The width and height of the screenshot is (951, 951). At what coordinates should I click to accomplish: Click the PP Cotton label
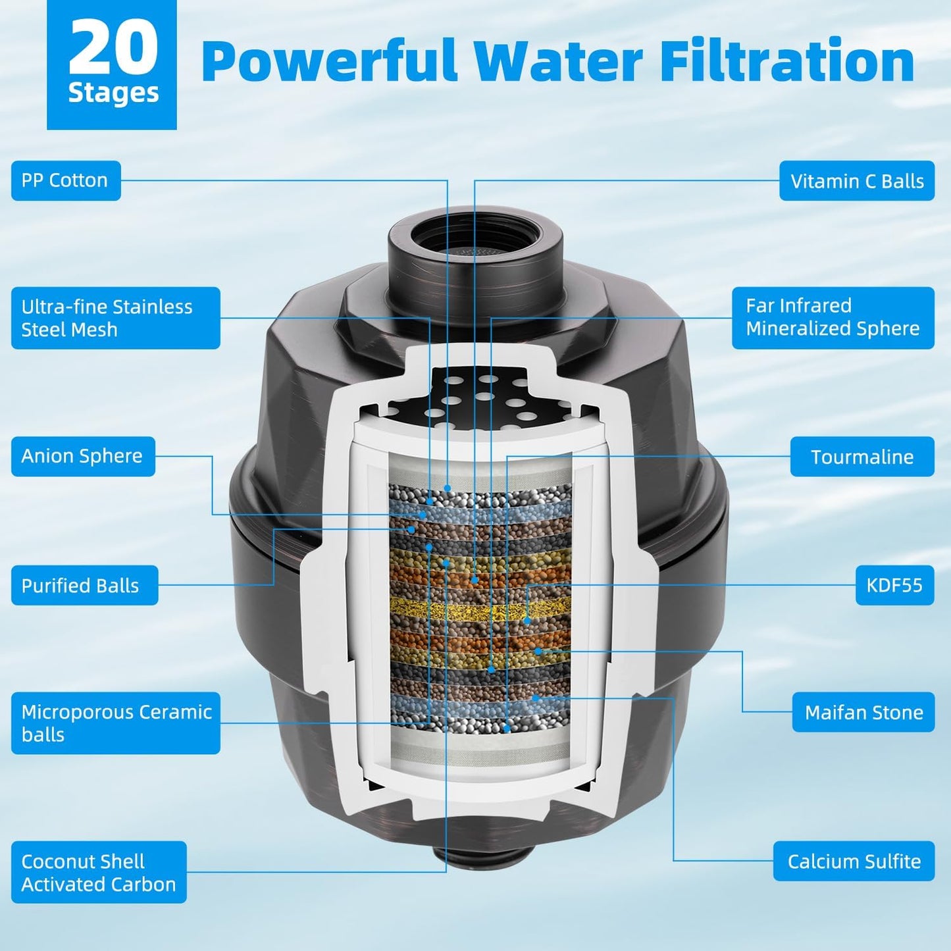[66, 180]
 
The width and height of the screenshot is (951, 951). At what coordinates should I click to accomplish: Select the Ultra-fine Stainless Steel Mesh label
[115, 318]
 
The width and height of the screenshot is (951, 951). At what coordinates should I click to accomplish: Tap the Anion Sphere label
[83, 456]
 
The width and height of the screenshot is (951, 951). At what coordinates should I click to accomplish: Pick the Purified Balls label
[84, 585]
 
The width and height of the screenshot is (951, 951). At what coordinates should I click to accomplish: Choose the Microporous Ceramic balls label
[115, 723]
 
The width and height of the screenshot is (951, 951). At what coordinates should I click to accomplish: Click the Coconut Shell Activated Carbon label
[99, 872]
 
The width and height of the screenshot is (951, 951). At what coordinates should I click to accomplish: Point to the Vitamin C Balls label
[856, 181]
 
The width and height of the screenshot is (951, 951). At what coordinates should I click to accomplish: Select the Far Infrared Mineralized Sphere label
[833, 318]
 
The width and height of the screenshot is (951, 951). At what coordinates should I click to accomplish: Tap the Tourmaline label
[861, 457]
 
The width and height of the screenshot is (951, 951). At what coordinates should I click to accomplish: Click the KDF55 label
[894, 585]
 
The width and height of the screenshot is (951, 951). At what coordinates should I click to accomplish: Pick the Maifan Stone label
[863, 712]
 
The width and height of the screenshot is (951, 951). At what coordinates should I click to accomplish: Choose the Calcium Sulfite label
[854, 861]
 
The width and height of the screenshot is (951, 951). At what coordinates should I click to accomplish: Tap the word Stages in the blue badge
[113, 93]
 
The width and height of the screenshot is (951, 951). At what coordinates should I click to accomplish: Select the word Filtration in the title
[787, 61]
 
